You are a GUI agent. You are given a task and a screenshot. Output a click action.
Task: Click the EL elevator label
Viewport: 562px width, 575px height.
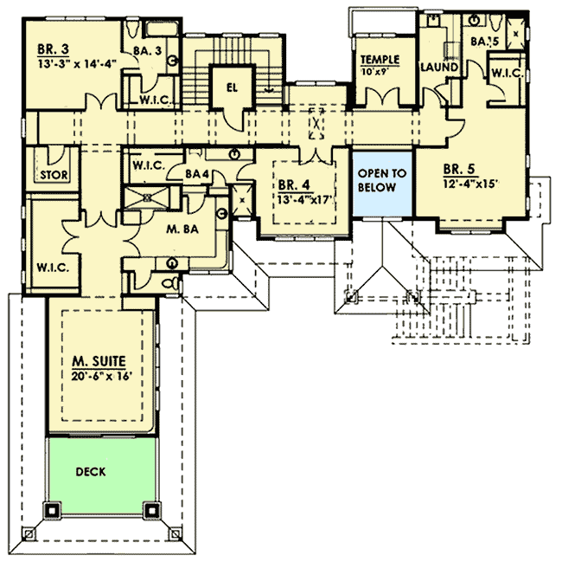point(232,87)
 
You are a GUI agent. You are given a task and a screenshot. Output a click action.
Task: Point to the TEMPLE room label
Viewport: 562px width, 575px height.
point(380,60)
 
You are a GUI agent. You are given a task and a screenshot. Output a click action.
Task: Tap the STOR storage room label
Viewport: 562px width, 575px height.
point(54,175)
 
